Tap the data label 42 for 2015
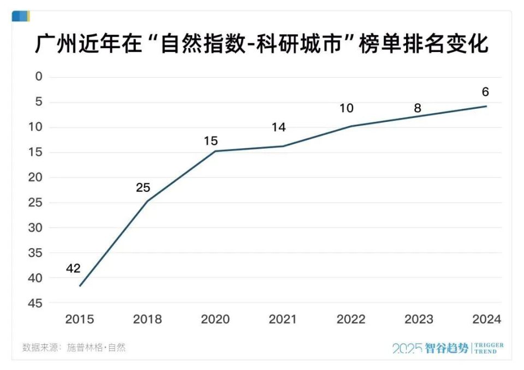(x=74, y=268)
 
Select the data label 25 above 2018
(x=143, y=188)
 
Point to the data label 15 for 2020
(x=211, y=141)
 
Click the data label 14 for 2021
(x=278, y=127)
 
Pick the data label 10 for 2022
(x=346, y=108)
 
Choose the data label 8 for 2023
(x=418, y=108)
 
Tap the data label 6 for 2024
(x=485, y=92)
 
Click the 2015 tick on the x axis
(x=80, y=319)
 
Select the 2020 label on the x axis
(x=215, y=319)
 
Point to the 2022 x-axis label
(x=350, y=319)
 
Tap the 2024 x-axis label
(x=486, y=319)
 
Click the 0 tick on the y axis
(x=39, y=77)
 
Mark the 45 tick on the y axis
(x=35, y=303)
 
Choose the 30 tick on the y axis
(x=35, y=227)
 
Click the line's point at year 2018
(x=147, y=201)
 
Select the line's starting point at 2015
(x=80, y=286)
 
